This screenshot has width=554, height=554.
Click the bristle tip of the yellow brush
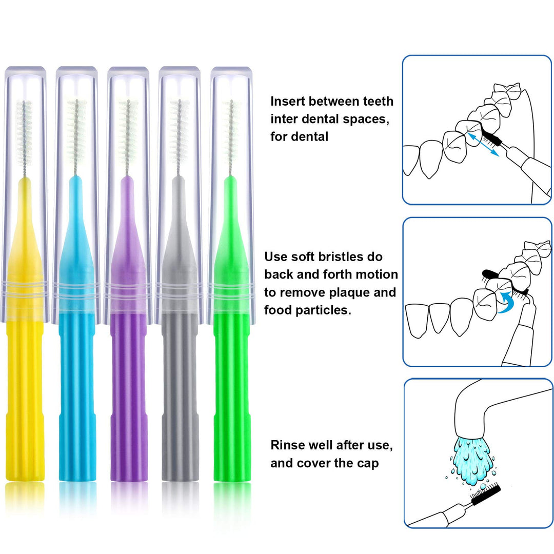pyautogui.click(x=24, y=103)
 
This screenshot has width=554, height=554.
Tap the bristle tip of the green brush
pyautogui.click(x=231, y=103)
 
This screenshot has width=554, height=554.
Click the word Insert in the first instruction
pyautogui.click(x=288, y=101)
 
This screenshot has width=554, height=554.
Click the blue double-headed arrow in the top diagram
pyautogui.click(x=484, y=145)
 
